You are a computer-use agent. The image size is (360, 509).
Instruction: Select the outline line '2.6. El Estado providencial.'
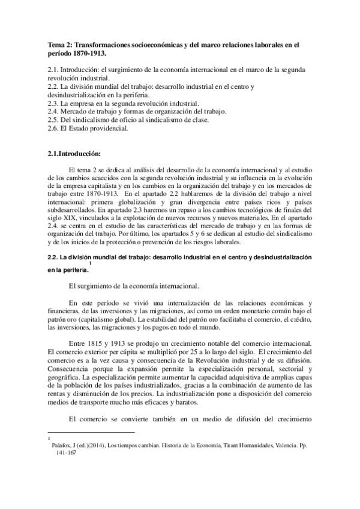[88, 128]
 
